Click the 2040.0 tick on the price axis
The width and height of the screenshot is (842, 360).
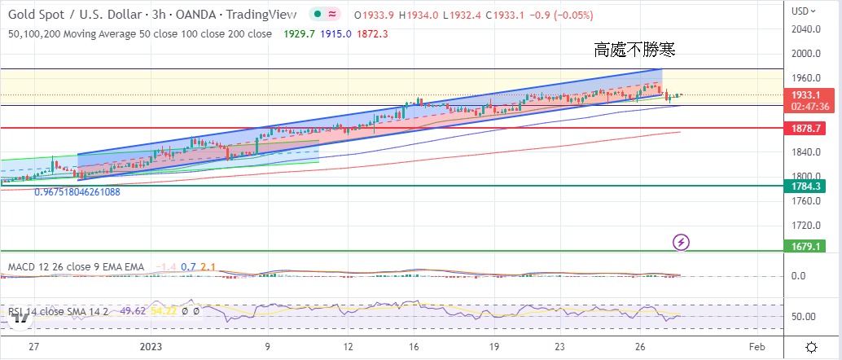805,29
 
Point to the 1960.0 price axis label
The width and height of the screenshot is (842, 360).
805,78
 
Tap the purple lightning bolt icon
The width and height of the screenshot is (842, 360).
682,241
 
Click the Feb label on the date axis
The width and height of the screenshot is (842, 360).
757,346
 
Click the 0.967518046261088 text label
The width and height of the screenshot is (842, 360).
77,192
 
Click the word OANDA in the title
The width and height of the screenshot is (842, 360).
186,15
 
